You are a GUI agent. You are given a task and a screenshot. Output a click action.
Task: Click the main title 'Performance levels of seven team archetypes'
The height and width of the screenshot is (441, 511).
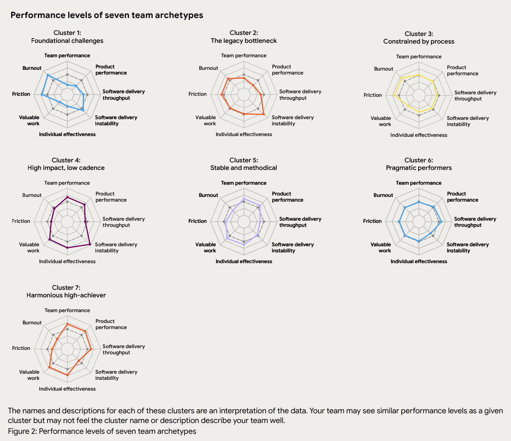click(x=107, y=15)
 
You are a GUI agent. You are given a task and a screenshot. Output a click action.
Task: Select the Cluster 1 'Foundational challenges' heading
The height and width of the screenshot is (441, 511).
click(x=67, y=37)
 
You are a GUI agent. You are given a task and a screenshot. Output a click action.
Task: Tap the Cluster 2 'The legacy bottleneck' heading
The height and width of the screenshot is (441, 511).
click(x=244, y=37)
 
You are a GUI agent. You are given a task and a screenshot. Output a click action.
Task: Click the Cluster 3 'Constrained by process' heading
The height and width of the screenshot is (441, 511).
click(x=419, y=38)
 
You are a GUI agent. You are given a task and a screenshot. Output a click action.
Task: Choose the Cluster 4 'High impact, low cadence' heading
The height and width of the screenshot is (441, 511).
click(x=66, y=164)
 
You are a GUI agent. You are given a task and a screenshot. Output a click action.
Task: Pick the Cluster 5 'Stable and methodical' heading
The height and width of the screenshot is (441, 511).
click(x=244, y=164)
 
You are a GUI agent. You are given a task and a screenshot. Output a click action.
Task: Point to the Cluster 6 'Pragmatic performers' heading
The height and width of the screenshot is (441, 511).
click(x=419, y=164)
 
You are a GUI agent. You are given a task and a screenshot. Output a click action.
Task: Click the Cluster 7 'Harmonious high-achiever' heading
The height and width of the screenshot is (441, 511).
click(x=66, y=292)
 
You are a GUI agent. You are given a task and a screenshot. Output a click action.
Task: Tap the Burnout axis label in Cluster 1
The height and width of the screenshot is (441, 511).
click(x=32, y=68)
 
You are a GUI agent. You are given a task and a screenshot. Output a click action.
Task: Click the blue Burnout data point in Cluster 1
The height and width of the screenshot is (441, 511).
click(x=48, y=75)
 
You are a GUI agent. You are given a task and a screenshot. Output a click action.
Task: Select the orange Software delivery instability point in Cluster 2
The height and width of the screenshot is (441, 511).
click(x=264, y=114)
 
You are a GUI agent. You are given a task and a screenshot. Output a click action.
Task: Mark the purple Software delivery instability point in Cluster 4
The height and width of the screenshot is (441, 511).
click(x=90, y=244)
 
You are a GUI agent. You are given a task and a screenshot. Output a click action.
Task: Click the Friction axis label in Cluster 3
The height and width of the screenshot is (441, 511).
click(x=372, y=95)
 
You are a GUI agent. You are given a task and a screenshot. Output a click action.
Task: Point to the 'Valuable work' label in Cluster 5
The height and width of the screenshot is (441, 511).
click(x=206, y=247)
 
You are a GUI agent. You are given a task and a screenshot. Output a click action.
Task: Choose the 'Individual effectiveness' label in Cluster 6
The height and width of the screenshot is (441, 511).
click(x=419, y=261)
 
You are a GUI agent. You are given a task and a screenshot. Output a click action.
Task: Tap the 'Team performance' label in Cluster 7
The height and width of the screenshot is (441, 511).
click(x=67, y=310)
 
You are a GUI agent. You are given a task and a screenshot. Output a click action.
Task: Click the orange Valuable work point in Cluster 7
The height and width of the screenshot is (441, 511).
click(x=49, y=367)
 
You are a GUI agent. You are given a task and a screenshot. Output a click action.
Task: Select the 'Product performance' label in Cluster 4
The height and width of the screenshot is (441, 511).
click(x=111, y=197)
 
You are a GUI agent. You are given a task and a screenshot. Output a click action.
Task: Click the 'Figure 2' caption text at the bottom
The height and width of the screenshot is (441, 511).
click(x=102, y=431)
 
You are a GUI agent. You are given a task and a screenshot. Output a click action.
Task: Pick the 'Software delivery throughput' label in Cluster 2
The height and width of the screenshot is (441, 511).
click(x=300, y=95)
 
